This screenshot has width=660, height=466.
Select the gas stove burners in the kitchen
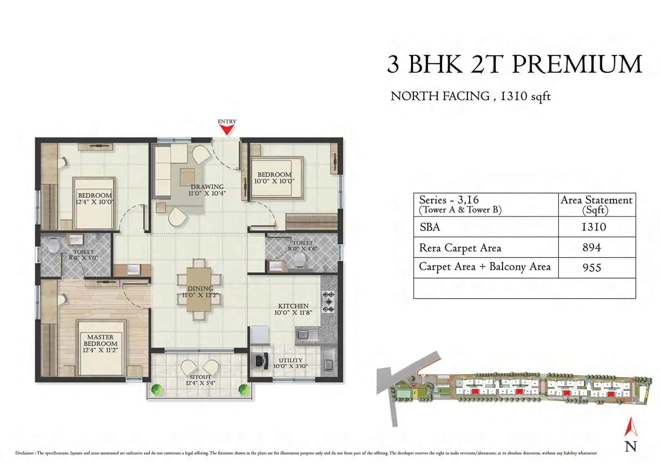pos(328,302)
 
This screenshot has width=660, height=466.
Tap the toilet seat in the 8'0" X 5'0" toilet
pos(53,246)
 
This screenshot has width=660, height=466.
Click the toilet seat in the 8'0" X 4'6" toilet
pos(300,260)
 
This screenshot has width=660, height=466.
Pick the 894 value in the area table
pos(592,247)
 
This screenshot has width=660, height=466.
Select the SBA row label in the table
pos(430,227)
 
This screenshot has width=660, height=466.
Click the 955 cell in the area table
pos(592,267)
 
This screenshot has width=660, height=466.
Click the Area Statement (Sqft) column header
pos(596,205)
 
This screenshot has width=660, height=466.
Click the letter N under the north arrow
pos(630,446)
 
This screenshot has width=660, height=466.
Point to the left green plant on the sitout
pos(156,389)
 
